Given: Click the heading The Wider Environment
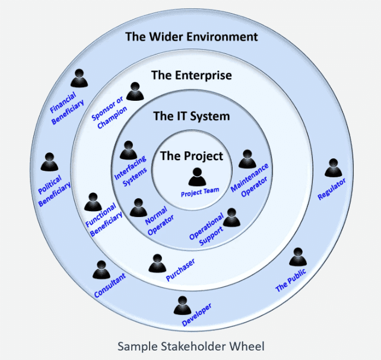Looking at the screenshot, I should point(191,37).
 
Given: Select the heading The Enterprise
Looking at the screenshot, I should point(191,75).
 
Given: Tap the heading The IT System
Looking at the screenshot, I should point(191,116).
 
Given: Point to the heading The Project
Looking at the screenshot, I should point(192,156).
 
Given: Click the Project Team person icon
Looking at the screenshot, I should point(197,177).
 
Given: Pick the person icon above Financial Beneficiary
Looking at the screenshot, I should point(78,79).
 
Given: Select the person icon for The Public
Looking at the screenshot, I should point(297,257).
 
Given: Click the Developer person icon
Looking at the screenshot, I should point(182,305).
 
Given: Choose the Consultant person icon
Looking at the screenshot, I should point(101,270).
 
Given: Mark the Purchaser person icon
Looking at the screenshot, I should point(157,263).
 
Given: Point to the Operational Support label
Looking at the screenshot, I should point(208,228).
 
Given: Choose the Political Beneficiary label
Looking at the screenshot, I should point(55,190).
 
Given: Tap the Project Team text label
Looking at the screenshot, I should point(200,192).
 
